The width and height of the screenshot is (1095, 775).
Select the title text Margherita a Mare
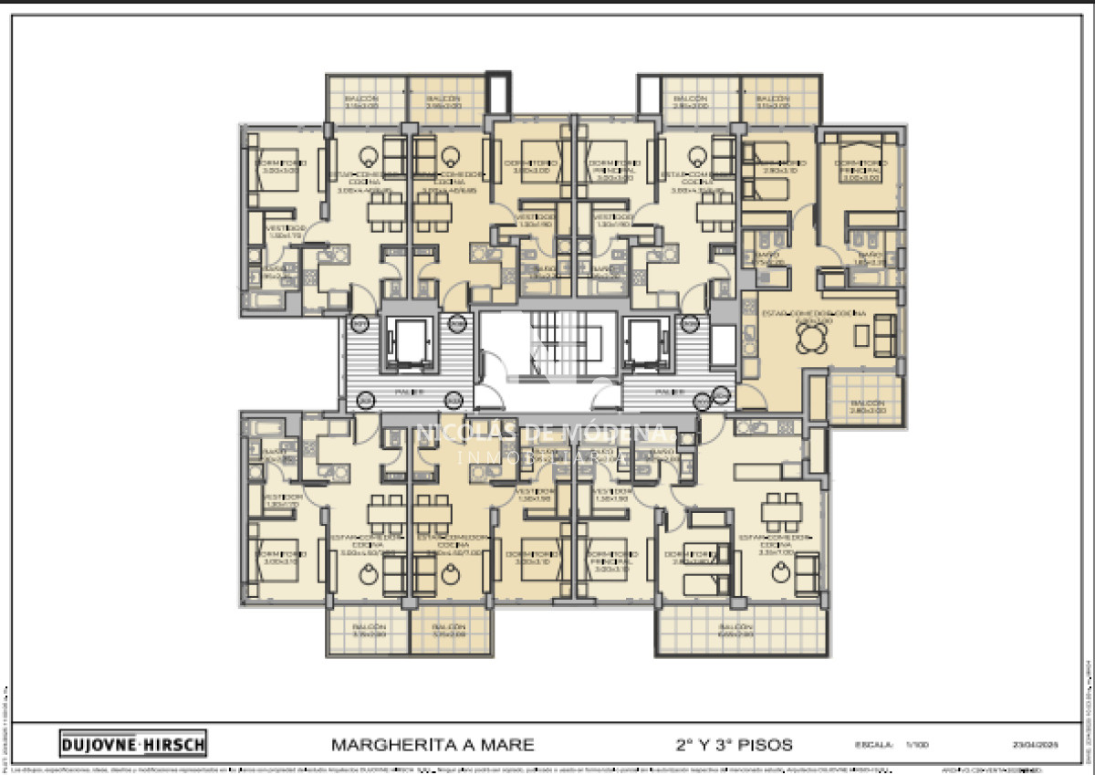tap(433, 744)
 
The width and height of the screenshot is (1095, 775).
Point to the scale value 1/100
tap(916, 745)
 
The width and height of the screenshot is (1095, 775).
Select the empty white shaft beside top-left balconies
tap(497, 91)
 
